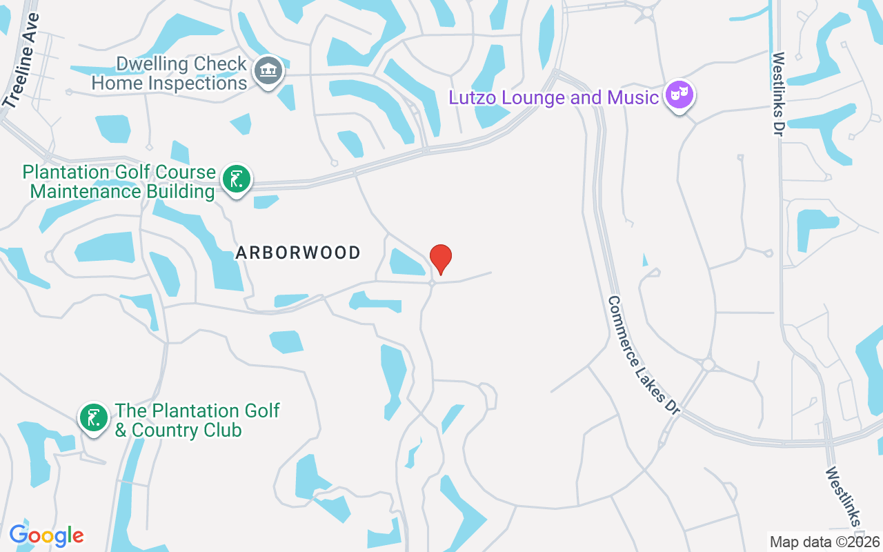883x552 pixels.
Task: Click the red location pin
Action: [x=441, y=259]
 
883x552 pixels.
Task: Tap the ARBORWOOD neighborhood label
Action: [x=298, y=253]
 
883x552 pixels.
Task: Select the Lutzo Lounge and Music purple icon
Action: [x=679, y=95]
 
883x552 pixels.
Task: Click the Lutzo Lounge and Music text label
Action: [x=553, y=97]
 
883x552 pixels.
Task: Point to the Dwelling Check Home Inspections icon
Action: [x=268, y=71]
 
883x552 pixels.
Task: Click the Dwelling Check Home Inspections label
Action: [x=170, y=74]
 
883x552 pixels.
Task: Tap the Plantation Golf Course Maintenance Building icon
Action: [x=237, y=180]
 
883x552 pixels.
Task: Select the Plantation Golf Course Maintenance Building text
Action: [x=119, y=181]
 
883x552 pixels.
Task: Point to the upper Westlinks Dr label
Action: [x=778, y=94]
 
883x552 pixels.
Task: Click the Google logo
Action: [x=46, y=535]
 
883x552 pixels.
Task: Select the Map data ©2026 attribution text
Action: [x=824, y=542]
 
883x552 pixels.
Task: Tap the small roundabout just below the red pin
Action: [x=433, y=283]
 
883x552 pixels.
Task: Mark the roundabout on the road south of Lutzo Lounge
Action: [x=708, y=364]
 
